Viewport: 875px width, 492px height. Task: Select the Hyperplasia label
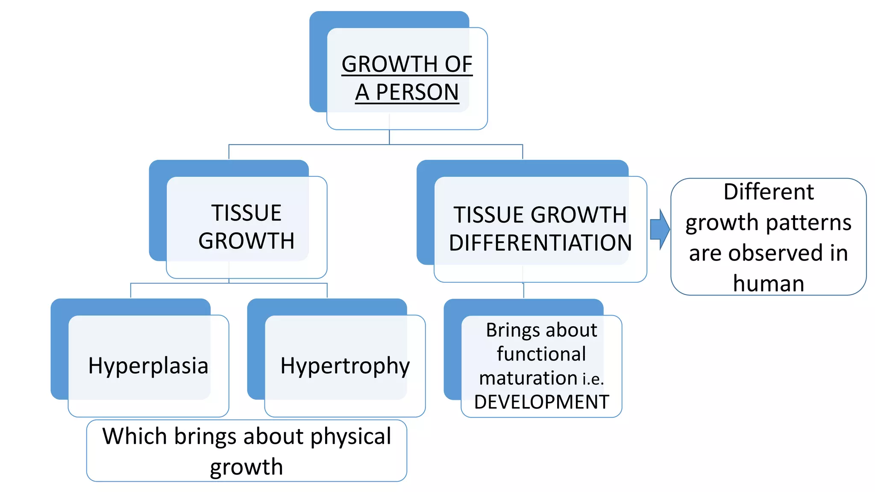click(148, 366)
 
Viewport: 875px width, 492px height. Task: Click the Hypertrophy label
click(345, 366)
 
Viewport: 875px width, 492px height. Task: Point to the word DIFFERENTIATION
click(540, 243)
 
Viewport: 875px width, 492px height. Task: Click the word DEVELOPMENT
click(541, 402)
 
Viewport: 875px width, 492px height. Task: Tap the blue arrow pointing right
click(660, 229)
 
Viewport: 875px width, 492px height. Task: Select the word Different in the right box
click(768, 192)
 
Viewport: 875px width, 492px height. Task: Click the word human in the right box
click(768, 284)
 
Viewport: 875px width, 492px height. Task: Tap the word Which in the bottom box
click(135, 436)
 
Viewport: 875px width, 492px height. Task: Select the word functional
click(541, 354)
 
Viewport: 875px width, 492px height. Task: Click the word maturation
click(528, 378)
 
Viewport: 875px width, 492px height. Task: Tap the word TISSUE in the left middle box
click(247, 213)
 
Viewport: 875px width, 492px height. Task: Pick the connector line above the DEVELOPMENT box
click(523, 291)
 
